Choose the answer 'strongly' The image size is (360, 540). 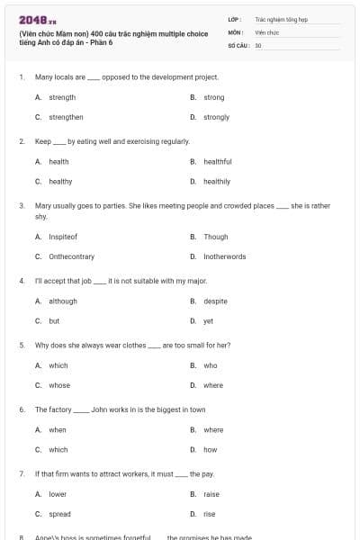point(216,117)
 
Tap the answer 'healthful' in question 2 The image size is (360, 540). point(217,162)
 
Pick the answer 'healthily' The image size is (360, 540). point(216,181)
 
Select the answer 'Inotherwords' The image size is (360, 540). point(224,256)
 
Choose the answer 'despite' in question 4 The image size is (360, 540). point(215,301)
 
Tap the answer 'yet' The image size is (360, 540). point(208,320)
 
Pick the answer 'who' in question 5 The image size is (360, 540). point(210,365)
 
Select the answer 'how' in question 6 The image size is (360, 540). point(210,449)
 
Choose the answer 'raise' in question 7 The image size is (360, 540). point(211,494)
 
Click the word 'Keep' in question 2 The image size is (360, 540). point(42,141)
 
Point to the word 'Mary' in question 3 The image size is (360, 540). point(42,206)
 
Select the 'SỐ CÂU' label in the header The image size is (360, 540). point(238,44)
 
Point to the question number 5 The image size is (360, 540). point(21,345)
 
